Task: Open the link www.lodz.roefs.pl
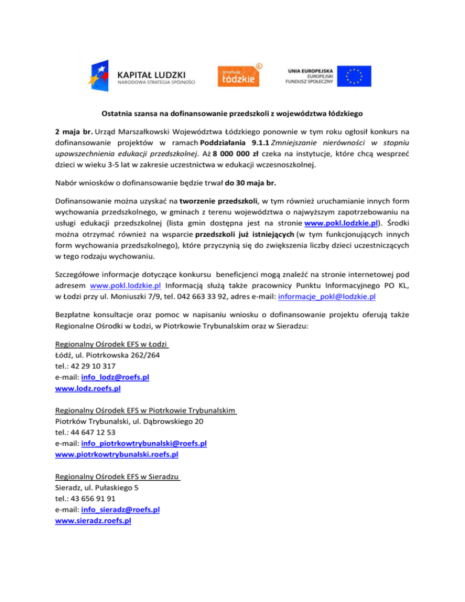(x=87, y=388)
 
